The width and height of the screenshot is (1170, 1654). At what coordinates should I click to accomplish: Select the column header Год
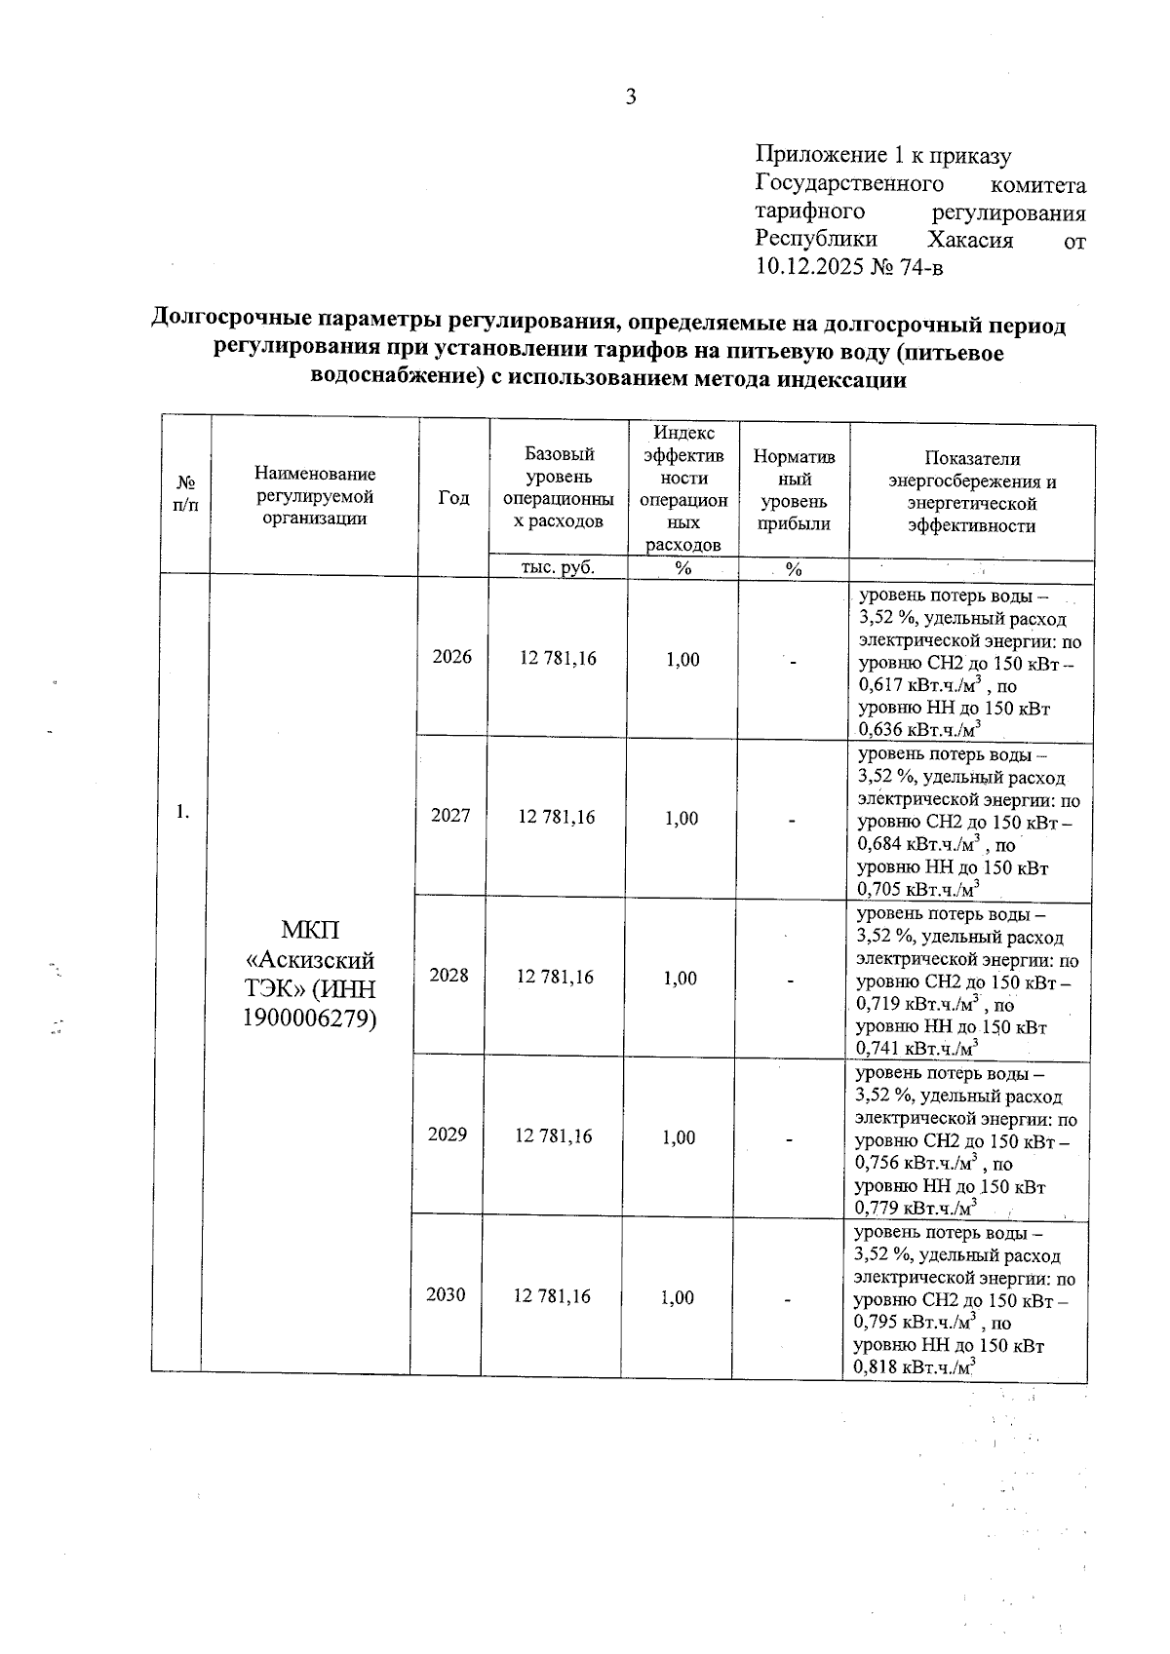[453, 498]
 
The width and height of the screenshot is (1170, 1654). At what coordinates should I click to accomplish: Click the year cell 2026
[452, 657]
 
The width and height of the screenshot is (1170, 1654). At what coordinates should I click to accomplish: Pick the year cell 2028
[449, 976]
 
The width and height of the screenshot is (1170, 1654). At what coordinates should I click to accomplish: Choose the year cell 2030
[446, 1294]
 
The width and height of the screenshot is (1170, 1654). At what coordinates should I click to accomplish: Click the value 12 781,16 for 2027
[557, 817]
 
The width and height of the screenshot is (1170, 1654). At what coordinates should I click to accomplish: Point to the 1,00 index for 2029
[680, 1137]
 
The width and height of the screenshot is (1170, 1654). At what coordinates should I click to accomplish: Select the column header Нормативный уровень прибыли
[795, 490]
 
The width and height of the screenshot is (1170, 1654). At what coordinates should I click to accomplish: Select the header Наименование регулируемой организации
[315, 496]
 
